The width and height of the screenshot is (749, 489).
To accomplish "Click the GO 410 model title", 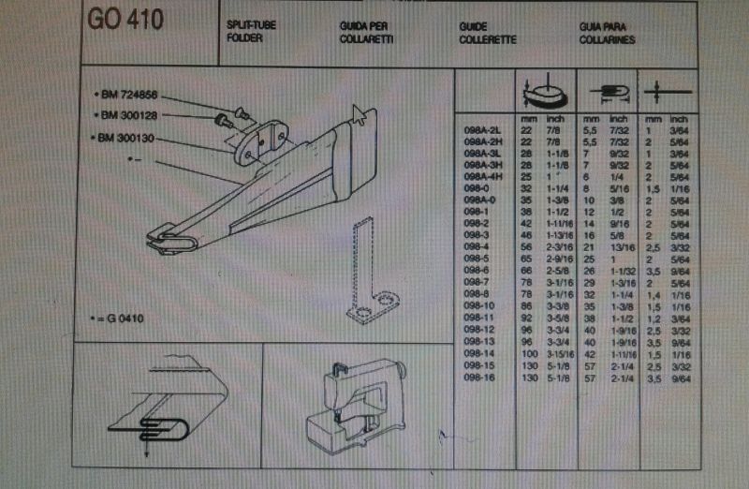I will point(125,21).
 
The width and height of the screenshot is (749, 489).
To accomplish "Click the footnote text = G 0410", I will point(119,318).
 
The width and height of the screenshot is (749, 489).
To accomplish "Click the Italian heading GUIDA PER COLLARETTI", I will point(365,34).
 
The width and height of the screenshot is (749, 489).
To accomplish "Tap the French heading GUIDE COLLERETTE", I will point(488,34).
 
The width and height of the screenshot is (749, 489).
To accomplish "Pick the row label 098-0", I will point(478,188).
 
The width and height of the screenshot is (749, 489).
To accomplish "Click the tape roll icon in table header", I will point(541,94).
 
